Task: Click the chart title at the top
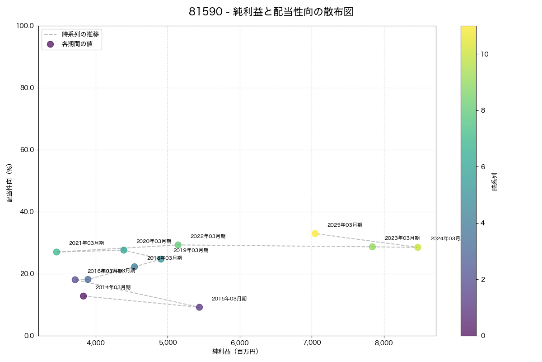click(271, 12)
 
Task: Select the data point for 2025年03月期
click(315, 233)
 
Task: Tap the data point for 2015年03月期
click(199, 307)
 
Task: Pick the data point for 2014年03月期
click(84, 296)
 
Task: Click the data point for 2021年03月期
click(56, 252)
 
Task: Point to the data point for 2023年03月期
click(372, 247)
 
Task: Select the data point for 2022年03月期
click(178, 245)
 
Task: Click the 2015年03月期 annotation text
click(229, 299)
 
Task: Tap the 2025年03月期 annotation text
click(345, 225)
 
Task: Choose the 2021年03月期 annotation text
click(86, 243)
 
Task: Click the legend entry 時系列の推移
click(80, 34)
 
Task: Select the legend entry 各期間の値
click(78, 44)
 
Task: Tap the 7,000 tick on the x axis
click(312, 343)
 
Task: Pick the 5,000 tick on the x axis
click(168, 343)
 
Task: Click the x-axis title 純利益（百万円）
click(235, 352)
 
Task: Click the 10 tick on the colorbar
click(485, 54)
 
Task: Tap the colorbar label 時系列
click(495, 181)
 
